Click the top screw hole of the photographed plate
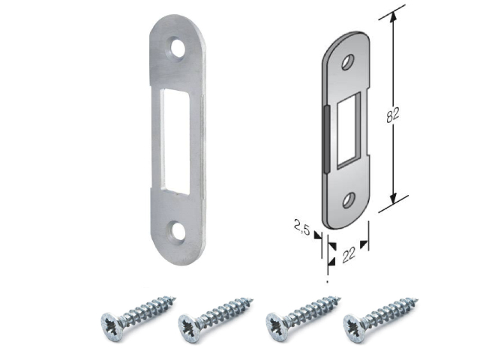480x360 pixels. pyautogui.click(x=178, y=49)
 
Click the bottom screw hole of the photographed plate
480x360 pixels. pyautogui.click(x=178, y=232)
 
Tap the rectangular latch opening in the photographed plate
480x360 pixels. pyautogui.click(x=176, y=142)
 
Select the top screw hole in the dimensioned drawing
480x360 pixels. pyautogui.click(x=348, y=62)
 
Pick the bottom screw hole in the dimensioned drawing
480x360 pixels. pyautogui.click(x=348, y=200)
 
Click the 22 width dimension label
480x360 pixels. pyautogui.click(x=349, y=255)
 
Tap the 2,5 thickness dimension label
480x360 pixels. pyautogui.click(x=301, y=227)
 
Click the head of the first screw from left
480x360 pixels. pyautogui.click(x=112, y=326)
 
